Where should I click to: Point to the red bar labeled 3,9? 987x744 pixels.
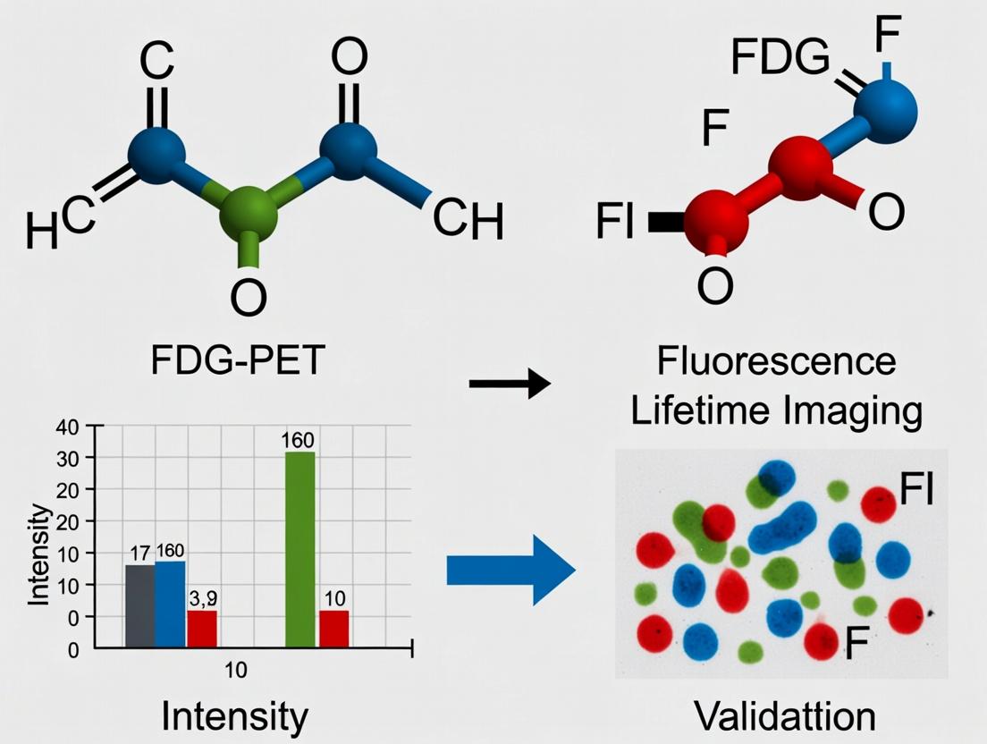tap(202, 628)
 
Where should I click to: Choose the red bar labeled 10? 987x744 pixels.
tap(334, 628)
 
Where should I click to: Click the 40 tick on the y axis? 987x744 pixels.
tap(68, 426)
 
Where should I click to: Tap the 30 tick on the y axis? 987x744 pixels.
tap(68, 457)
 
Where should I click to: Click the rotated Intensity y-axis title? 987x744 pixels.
tap(38, 554)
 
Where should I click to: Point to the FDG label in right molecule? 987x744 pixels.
tap(780, 59)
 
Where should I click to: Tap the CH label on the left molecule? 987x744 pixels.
tap(468, 222)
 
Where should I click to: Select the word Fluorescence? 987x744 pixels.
tap(775, 363)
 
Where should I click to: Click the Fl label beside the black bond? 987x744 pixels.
tap(613, 222)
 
